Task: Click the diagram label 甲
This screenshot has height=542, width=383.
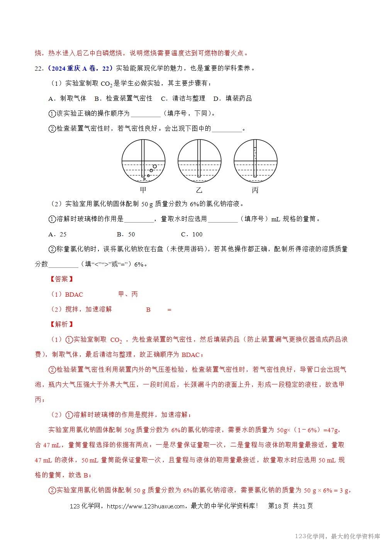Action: coord(143,190)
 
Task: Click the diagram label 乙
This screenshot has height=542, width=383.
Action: coord(199,190)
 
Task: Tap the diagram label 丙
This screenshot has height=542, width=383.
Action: coord(255,190)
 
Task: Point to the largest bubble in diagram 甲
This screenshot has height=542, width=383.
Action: coord(155,167)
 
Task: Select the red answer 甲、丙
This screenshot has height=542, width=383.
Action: coord(128,294)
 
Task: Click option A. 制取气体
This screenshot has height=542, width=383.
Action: coord(67,99)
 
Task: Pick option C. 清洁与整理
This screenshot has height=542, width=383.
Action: coord(183,99)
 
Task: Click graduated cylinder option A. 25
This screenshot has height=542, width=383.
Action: coord(58,234)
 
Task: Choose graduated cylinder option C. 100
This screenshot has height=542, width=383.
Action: coord(192,234)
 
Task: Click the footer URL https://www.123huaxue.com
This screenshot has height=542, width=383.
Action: coord(145,506)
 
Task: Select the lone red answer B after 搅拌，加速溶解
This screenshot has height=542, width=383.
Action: coord(148,309)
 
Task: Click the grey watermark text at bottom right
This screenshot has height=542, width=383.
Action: coord(337,536)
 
